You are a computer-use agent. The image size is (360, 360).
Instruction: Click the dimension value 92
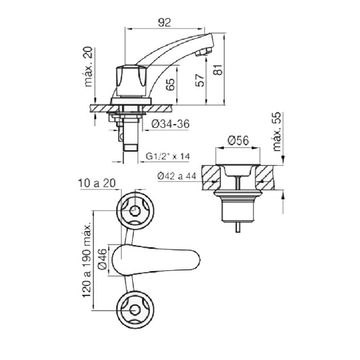coord(164,23)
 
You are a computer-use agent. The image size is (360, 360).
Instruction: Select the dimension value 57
coord(200,81)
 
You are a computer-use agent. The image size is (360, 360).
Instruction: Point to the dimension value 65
coord(170,85)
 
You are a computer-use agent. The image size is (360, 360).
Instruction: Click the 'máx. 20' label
coord(88,67)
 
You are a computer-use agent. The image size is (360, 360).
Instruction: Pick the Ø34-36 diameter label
coord(171,124)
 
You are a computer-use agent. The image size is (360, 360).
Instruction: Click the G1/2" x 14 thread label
coord(168,156)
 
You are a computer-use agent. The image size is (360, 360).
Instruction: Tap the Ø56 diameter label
coord(238,140)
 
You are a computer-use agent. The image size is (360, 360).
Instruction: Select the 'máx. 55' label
coord(277,131)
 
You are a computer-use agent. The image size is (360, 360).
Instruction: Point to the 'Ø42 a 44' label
coord(177,176)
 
